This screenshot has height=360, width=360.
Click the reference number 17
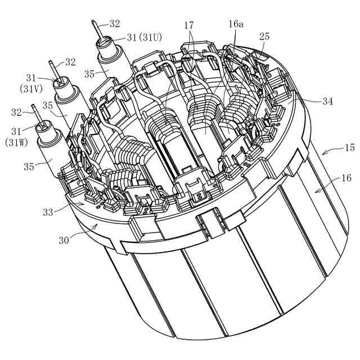[189, 25]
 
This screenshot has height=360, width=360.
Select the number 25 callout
[264, 36]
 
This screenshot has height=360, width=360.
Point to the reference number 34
[327, 102]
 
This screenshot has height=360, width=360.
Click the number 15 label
[349, 148]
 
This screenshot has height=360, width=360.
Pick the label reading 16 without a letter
[345, 178]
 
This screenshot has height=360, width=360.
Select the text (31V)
[31, 88]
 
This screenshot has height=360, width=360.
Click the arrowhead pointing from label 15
[322, 152]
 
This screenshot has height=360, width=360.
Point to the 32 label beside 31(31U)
[114, 24]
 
